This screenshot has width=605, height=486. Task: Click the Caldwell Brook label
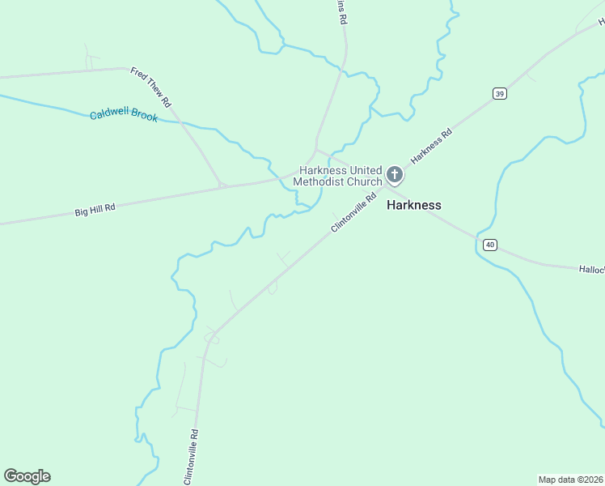(124, 116)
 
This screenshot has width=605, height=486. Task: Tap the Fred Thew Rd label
(150, 87)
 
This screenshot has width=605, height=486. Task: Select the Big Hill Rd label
(95, 209)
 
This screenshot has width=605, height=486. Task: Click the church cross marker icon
(395, 174)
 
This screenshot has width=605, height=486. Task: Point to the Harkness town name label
(414, 205)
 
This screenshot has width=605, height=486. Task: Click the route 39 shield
(499, 94)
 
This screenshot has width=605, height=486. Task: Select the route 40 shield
(489, 244)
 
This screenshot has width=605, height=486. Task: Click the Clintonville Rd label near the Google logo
(192, 458)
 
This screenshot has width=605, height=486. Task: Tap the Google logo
(27, 476)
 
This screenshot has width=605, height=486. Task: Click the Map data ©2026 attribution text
(570, 479)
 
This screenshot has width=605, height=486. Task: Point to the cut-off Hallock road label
(591, 269)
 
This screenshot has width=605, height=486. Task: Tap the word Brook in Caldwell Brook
(142, 117)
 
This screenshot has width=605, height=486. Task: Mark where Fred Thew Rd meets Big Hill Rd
(222, 186)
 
